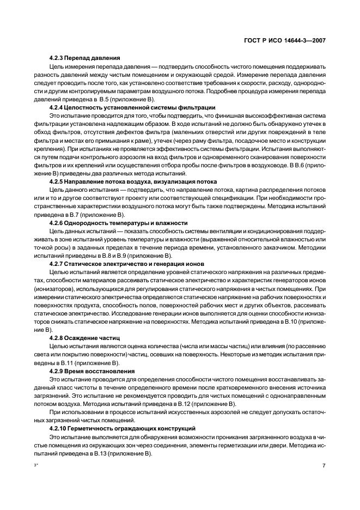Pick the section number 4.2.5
pyautogui.click(x=58, y=181)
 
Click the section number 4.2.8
pyautogui.click(x=58, y=338)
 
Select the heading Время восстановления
pyautogui.click(x=98, y=371)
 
